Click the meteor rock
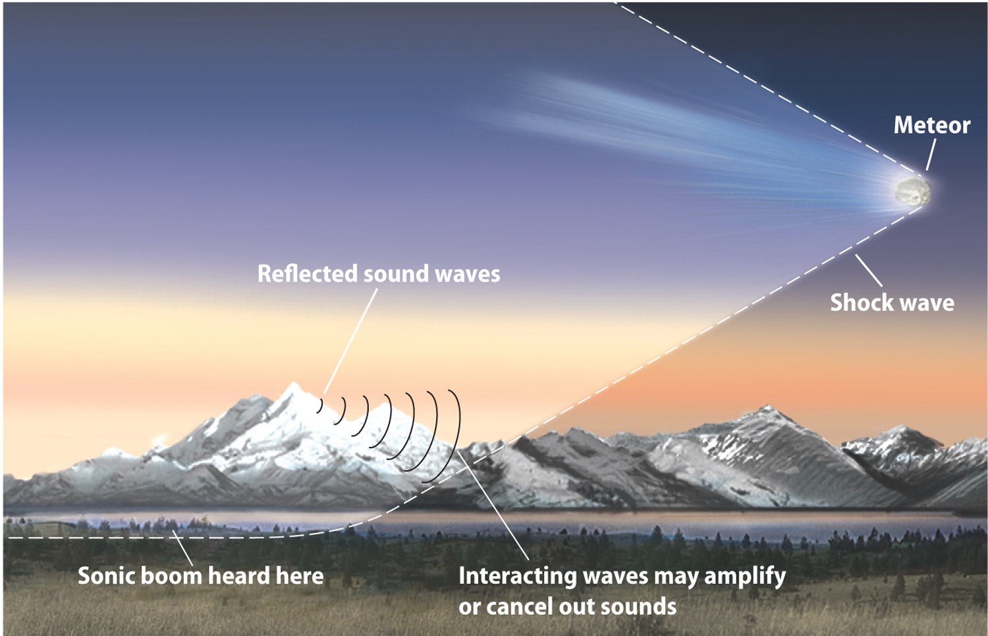coord(912,192)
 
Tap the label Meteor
coord(931,125)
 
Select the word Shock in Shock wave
coord(860,303)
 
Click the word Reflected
coord(308,273)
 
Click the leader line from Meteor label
coord(931,154)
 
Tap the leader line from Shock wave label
coord(869,271)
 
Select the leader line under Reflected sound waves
coord(350,340)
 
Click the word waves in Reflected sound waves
coord(468,274)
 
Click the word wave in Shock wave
coord(925,304)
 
